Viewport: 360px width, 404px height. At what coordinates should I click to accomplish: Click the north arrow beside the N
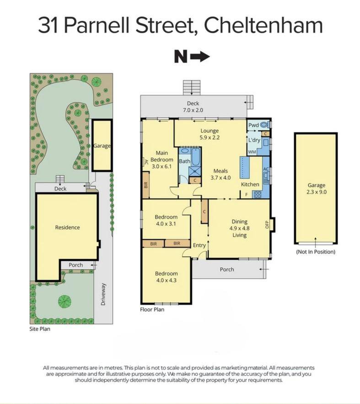click(x=200, y=56)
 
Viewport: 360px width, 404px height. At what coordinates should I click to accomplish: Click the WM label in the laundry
click(x=252, y=152)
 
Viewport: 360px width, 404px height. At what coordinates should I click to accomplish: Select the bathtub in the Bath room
click(x=196, y=157)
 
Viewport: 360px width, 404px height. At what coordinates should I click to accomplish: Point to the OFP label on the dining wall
click(x=267, y=224)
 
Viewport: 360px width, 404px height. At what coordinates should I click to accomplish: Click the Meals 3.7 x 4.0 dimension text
click(x=220, y=178)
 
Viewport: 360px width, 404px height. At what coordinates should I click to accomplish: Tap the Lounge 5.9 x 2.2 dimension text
click(x=210, y=137)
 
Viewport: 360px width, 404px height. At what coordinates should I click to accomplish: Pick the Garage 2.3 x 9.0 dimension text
click(x=317, y=192)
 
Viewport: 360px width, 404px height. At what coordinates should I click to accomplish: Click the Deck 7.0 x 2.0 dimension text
click(x=193, y=110)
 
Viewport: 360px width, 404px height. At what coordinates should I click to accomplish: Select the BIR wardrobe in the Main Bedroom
click(x=146, y=185)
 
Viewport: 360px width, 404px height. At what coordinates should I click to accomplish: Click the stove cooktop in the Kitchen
click(x=258, y=194)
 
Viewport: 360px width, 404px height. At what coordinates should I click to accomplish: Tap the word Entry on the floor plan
click(x=199, y=245)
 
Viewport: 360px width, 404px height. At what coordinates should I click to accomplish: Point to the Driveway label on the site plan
click(x=103, y=294)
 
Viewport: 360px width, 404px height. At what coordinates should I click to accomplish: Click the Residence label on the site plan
click(x=67, y=227)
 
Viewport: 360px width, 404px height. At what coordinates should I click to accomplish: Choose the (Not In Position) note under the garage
click(x=316, y=252)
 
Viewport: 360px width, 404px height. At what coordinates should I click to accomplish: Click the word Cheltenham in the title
click(x=263, y=25)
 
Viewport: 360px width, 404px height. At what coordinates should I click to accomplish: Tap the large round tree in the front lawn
click(x=64, y=301)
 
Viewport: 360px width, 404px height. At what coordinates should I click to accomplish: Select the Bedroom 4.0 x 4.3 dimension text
click(x=167, y=280)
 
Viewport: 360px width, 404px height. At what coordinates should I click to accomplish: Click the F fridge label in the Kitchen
click(x=247, y=194)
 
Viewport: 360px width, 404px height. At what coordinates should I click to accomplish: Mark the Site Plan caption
click(x=40, y=329)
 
